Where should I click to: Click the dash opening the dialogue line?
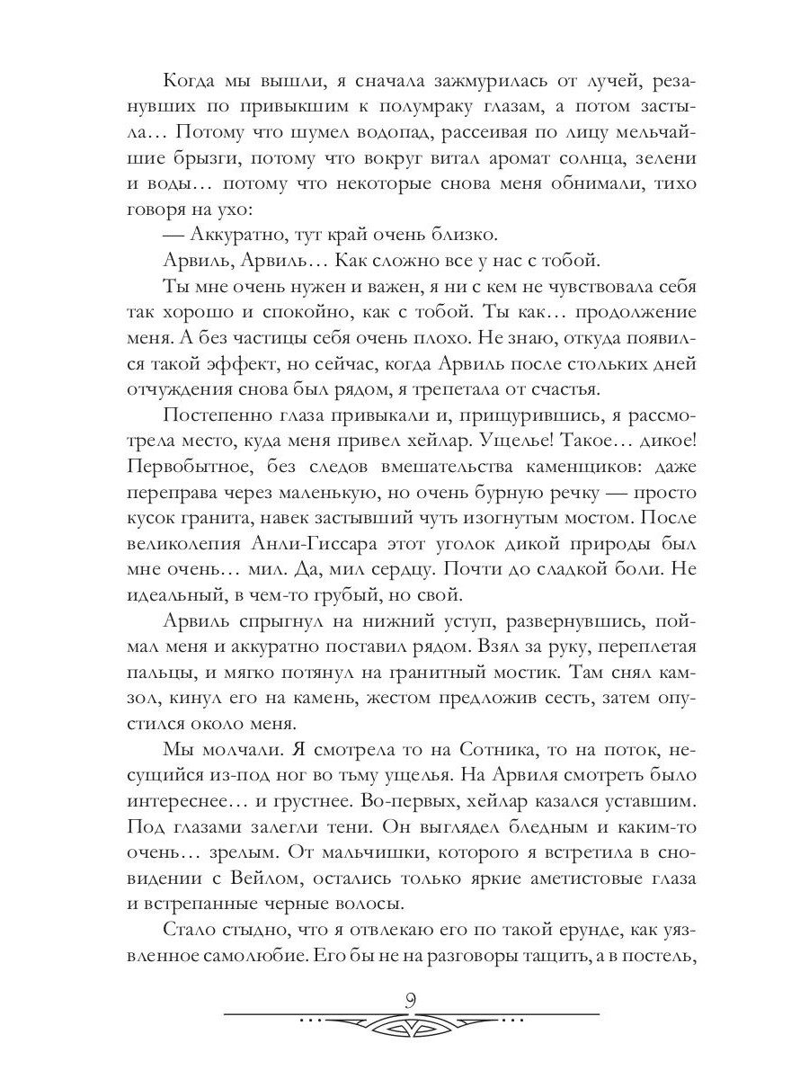tap(174, 236)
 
